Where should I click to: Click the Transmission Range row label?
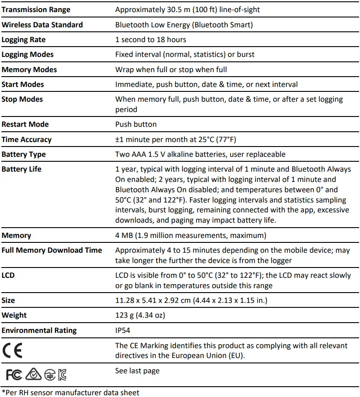click(36, 9)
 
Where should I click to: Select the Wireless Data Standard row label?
click(42, 25)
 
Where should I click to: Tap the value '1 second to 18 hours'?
click(150, 39)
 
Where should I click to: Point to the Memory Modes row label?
click(29, 69)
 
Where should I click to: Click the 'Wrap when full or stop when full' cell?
click(171, 69)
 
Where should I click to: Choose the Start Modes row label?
click(23, 84)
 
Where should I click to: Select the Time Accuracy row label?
click(26, 139)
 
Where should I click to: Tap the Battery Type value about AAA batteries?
click(200, 154)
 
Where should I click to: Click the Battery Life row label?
click(21, 169)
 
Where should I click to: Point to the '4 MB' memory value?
click(191, 235)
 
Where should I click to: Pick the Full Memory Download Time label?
click(51, 250)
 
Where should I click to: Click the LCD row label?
click(8, 275)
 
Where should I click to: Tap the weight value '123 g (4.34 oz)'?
click(140, 315)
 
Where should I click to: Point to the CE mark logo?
click(12, 350)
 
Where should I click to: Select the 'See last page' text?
click(137, 371)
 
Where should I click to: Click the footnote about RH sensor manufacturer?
click(70, 392)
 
